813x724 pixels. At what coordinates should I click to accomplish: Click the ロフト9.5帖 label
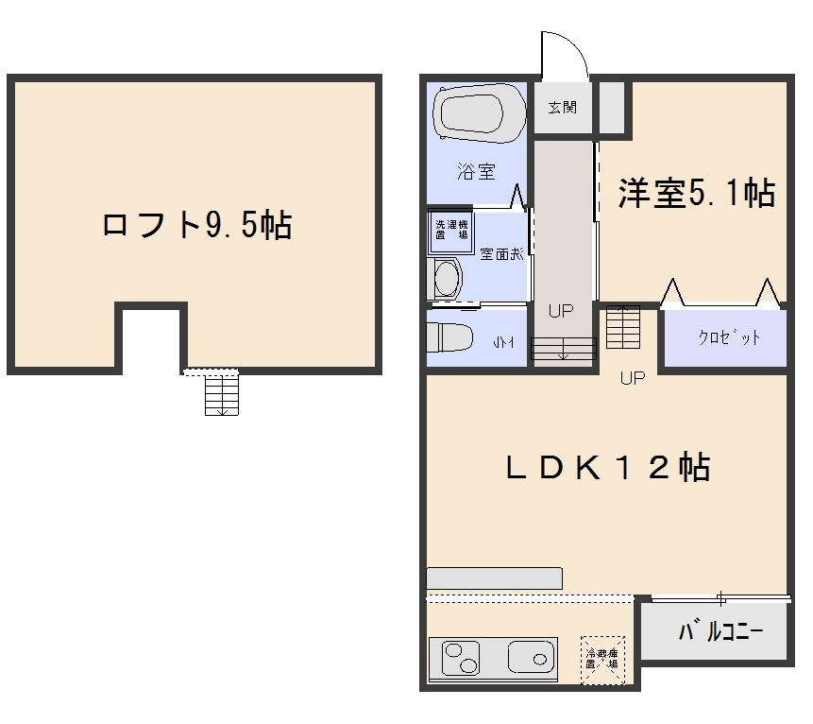pos(196,225)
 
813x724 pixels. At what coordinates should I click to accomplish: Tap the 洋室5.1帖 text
pos(696,193)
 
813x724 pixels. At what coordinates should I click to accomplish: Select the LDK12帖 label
pos(607,467)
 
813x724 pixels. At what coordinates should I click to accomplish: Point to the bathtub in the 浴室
pos(478,113)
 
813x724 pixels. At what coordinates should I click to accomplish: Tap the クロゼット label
pos(728,337)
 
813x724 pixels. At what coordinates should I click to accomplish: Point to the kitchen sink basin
pos(533,656)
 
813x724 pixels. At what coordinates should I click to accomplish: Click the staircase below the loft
pos(222,394)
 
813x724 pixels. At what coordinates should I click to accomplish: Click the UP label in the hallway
pos(561,311)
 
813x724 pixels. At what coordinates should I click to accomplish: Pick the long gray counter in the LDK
pos(494,577)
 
